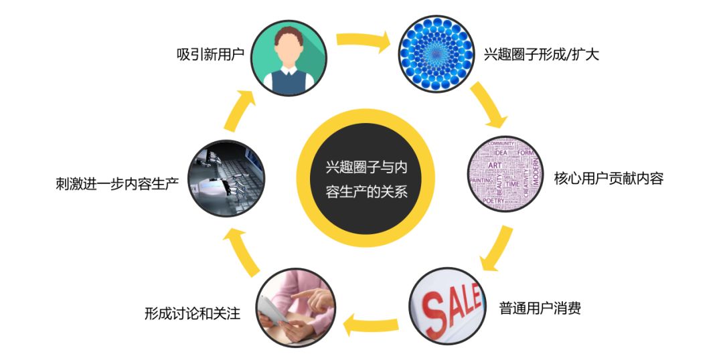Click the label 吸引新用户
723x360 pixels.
tap(210, 54)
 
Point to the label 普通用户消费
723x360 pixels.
tap(540, 308)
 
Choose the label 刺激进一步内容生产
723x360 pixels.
tap(117, 182)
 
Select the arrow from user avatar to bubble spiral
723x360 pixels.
tap(363, 41)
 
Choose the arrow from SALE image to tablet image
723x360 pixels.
tap(372, 325)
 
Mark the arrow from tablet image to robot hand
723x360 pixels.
tap(238, 251)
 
